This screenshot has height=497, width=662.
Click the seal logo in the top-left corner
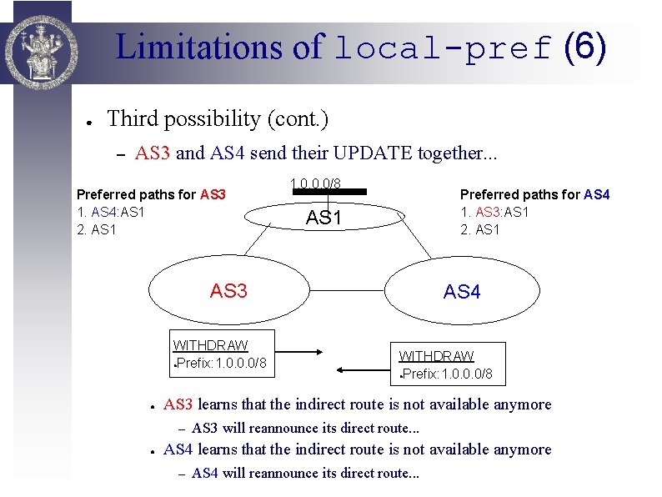tap(40, 42)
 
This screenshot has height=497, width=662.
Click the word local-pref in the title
tap(442, 48)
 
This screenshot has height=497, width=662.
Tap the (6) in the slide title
tap(585, 48)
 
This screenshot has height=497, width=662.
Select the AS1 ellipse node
tap(328, 218)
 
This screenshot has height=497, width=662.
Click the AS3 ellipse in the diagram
tap(228, 291)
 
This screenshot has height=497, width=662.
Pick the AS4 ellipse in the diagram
tap(462, 292)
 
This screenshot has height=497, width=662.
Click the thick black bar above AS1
tap(329, 192)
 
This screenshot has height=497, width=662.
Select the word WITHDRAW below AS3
tap(210, 345)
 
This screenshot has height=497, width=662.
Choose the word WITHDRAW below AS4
tap(436, 356)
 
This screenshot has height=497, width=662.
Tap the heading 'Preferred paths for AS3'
tap(151, 194)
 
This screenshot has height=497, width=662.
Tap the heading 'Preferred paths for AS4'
tap(534, 194)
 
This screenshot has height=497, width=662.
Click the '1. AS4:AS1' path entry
tap(111, 212)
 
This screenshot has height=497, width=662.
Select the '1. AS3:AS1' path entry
tap(494, 212)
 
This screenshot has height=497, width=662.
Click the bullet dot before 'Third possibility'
tap(88, 120)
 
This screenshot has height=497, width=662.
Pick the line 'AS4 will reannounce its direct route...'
tap(305, 474)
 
